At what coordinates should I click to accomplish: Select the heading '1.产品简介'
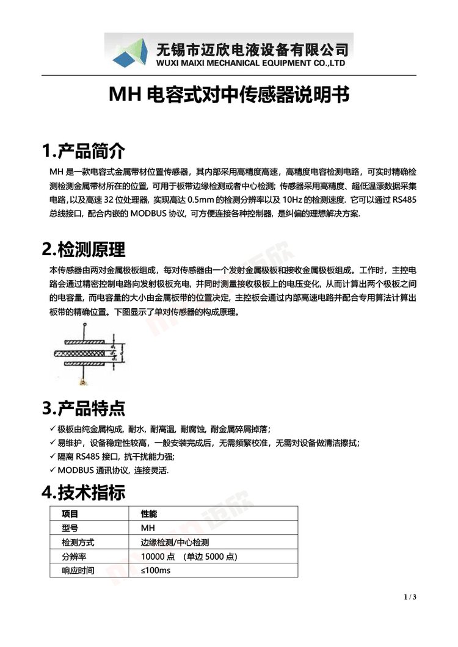(83, 150)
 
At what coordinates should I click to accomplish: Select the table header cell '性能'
(149, 513)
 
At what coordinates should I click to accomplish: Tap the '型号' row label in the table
(70, 527)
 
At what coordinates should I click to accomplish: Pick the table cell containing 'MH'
(148, 527)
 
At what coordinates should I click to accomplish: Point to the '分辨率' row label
(73, 557)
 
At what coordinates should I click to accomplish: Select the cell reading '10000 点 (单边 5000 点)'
(189, 557)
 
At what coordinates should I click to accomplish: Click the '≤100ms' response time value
(156, 571)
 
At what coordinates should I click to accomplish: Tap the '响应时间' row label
(78, 571)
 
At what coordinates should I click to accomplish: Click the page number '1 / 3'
(410, 596)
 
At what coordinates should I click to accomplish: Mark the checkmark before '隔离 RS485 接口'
(53, 457)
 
